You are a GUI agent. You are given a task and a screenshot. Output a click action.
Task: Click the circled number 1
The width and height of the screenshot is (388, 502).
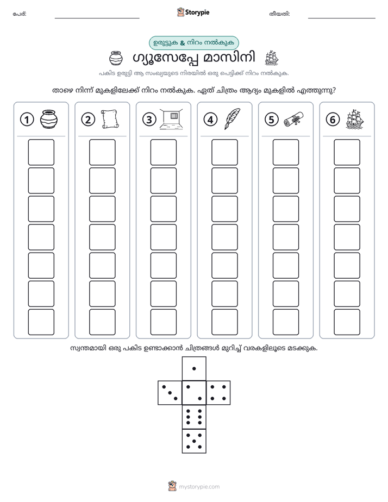coord(27,120)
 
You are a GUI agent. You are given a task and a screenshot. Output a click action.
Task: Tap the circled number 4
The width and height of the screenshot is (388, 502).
coord(210,120)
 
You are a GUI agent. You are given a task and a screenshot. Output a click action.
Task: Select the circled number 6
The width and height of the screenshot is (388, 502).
coord(333,120)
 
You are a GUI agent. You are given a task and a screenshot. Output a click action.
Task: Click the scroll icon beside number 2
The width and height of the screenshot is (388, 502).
coord(110,120)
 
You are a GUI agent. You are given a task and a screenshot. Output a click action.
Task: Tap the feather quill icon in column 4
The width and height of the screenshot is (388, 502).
coord(233,119)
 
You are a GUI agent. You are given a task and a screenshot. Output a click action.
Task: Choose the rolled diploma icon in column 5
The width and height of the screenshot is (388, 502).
coord(293,119)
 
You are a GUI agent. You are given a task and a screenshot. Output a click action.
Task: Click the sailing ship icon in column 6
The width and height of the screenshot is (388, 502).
coord(355,119)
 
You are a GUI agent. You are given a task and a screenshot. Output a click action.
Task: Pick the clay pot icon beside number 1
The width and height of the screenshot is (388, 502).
coord(49,119)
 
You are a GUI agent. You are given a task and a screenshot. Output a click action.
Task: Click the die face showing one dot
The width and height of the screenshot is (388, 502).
coord(194,368)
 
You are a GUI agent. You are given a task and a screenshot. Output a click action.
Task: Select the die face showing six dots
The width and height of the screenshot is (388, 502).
coord(194,417)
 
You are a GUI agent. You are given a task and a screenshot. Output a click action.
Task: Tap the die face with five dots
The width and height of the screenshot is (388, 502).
coord(194,441)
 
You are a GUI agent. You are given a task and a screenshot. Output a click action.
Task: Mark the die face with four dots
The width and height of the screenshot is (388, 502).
coord(218,392)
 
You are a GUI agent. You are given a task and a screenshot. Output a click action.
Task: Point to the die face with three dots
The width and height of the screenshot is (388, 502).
coord(170,392)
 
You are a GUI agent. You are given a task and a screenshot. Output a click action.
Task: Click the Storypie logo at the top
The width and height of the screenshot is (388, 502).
coord(193,12)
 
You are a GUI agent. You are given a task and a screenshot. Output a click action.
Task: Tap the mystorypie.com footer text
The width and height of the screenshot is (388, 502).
coord(199,487)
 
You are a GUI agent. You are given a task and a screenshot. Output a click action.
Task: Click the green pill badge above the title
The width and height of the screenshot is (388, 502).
coord(193,43)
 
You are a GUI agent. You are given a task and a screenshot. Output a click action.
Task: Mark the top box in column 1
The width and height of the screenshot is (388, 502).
coord(41,152)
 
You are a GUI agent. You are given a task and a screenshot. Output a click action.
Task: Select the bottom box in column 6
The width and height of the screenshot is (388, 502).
coord(347,322)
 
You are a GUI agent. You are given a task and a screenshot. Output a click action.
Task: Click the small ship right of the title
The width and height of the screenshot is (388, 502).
coord(272,58)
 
